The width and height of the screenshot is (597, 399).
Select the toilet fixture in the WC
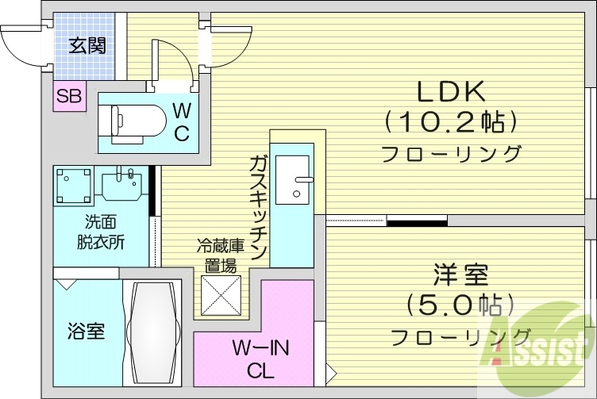point(127,120)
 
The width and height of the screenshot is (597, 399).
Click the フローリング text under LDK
point(450,154)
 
